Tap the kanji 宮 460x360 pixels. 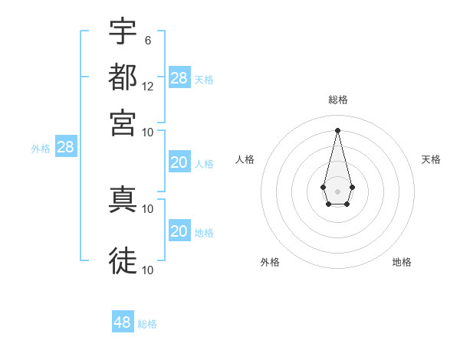(123, 123)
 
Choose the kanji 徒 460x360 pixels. (123, 260)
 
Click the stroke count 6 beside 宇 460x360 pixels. (147, 40)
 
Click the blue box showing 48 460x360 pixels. (123, 322)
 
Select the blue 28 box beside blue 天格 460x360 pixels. (179, 78)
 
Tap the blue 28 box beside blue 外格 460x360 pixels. (65, 148)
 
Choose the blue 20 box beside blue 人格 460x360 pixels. (179, 162)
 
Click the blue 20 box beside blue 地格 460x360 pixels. (179, 231)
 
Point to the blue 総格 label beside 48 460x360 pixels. (147, 324)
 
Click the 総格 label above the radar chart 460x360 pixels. (337, 100)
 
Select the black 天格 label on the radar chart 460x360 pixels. (432, 159)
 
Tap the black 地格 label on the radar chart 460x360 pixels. (402, 262)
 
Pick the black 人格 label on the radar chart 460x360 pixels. (245, 159)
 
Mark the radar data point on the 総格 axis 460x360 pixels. (337, 129)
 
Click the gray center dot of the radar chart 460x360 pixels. (337, 190)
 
